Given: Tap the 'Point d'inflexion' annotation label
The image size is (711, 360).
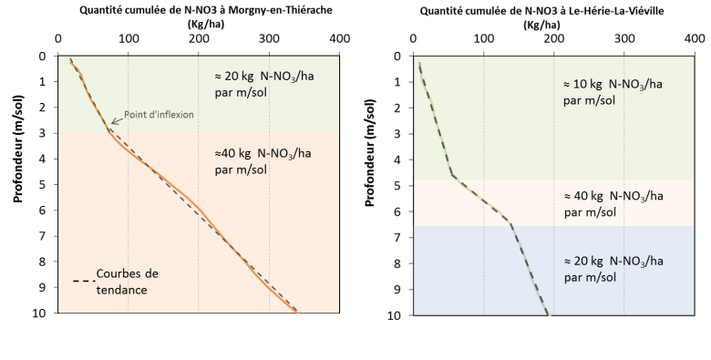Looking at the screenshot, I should coord(154,115).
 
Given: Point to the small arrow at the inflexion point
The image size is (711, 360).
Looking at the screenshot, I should coord(114,120).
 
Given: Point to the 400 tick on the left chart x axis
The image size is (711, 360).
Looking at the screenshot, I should coord(339,39).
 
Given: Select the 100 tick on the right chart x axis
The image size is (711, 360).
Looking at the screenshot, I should coord(483,39).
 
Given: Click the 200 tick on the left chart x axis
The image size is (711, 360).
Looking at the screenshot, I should coord(198,39).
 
